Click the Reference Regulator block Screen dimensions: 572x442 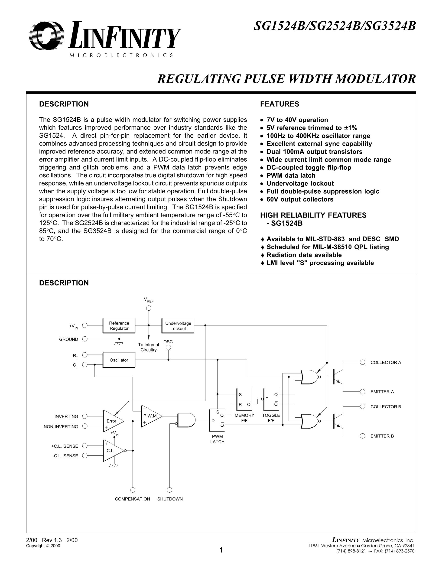119,325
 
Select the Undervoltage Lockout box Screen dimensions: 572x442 178,325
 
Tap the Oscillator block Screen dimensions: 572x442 119,360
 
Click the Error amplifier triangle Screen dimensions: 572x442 112,421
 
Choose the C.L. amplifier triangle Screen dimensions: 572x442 112,451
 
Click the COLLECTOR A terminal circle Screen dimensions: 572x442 363,362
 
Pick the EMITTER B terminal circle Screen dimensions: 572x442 363,436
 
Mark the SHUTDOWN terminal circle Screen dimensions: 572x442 170,490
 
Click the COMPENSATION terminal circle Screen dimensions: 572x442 133,490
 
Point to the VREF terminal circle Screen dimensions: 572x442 149,308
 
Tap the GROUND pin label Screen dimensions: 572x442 69,339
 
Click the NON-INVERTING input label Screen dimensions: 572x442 61,426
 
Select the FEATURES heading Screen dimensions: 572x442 279,104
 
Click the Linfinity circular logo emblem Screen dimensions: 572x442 47,36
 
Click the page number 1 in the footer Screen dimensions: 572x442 221,550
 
